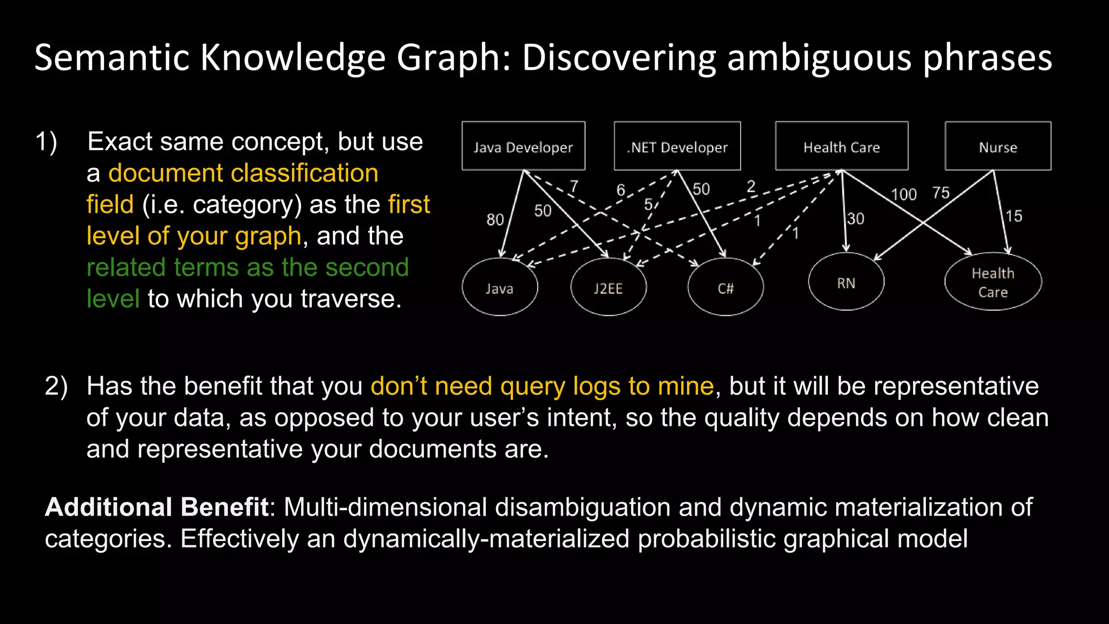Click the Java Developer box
click(x=523, y=146)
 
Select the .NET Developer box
click(x=677, y=146)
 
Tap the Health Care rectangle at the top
click(x=841, y=146)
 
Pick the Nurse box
click(x=997, y=146)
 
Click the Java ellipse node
click(x=499, y=288)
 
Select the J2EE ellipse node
click(x=608, y=288)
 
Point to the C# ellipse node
click(x=725, y=288)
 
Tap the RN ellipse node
click(x=846, y=282)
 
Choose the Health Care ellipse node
click(x=993, y=282)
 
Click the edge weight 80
click(x=495, y=219)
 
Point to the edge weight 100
click(x=903, y=194)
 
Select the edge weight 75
click(x=941, y=192)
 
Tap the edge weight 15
click(x=1014, y=216)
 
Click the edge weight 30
click(x=856, y=219)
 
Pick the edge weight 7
click(x=574, y=186)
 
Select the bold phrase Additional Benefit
click(x=156, y=507)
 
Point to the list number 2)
click(x=56, y=387)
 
